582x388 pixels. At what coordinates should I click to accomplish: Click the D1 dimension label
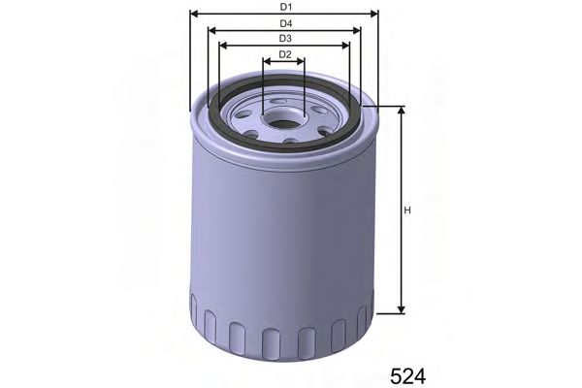click(284, 6)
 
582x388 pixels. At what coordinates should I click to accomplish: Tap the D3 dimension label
click(284, 38)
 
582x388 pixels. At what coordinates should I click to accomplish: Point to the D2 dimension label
click(284, 54)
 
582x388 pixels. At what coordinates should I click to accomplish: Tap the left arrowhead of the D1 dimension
click(193, 14)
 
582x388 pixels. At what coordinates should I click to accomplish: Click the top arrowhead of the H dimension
click(402, 110)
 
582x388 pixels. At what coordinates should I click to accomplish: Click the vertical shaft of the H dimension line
click(402, 242)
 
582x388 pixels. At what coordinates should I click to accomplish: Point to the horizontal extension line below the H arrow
click(388, 313)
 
